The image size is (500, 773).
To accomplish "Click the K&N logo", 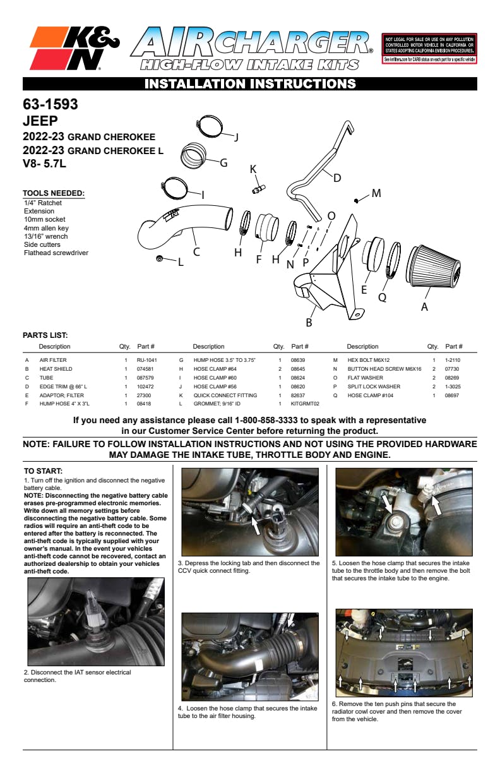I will click(x=75, y=49).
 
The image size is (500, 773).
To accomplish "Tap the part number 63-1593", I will click(x=51, y=104).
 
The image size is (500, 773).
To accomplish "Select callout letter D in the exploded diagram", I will click(x=337, y=178).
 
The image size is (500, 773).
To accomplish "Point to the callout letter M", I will click(x=376, y=193).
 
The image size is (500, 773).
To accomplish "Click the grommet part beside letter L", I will click(x=160, y=259).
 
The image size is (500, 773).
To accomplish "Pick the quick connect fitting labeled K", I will click(x=258, y=188).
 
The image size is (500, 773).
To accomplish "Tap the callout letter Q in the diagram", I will click(x=382, y=296).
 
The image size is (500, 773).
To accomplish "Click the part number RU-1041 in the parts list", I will click(x=146, y=359).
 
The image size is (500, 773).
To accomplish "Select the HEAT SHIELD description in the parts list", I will click(x=56, y=368).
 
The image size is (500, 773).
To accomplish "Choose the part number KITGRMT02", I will click(x=305, y=403).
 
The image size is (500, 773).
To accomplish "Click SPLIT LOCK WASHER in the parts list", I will click(x=373, y=386).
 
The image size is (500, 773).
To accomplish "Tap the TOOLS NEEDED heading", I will click(x=53, y=193).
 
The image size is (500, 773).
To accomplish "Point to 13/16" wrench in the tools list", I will click(x=45, y=236).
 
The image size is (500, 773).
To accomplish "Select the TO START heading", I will click(x=43, y=471).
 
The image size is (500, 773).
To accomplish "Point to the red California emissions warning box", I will click(x=429, y=49).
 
